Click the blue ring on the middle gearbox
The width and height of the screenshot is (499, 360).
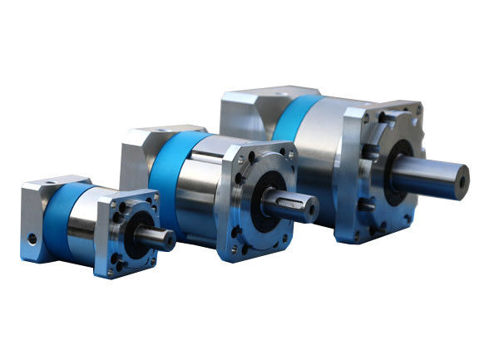[162, 179]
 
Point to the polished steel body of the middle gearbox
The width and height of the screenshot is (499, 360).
[200, 191]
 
